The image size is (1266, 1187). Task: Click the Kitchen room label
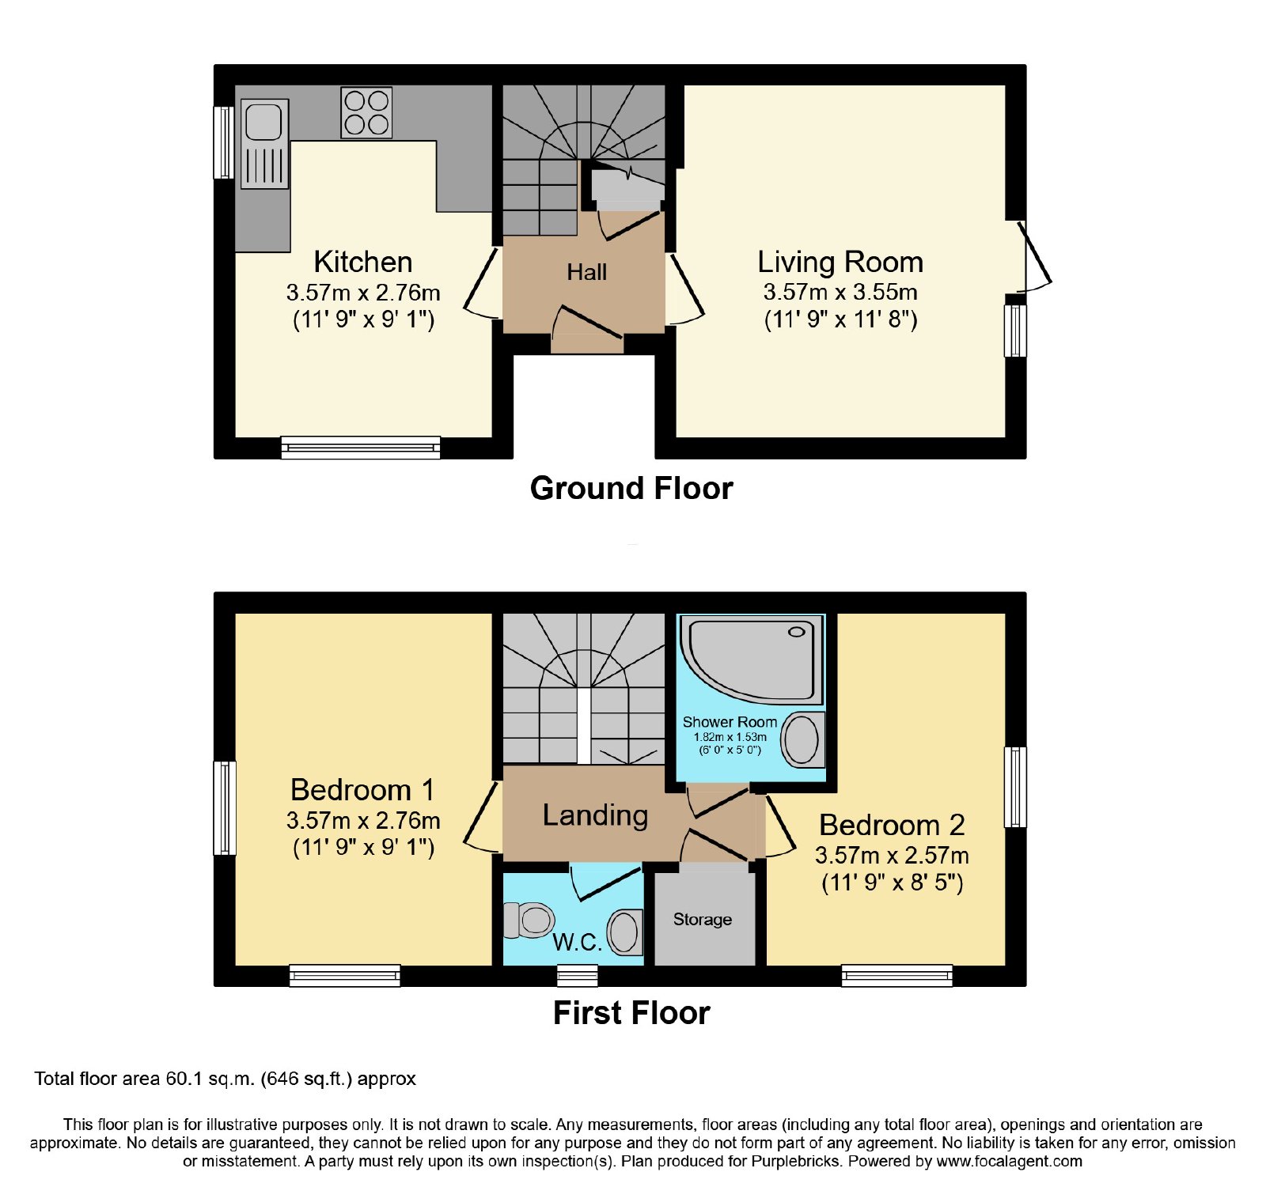[x=362, y=262]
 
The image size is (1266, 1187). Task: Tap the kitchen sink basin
[x=263, y=122]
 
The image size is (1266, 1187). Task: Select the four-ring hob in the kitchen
[x=366, y=112]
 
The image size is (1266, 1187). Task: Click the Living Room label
[x=840, y=262]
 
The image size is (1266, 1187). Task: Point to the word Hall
[x=586, y=272]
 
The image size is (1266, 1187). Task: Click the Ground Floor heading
[x=631, y=488]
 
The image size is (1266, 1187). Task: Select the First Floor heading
[x=631, y=1013]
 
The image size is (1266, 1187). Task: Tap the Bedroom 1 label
[x=362, y=790]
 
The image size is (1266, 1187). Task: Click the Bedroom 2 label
[x=892, y=825]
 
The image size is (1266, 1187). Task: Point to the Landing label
[x=595, y=815]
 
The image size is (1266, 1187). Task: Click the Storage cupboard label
[x=703, y=919]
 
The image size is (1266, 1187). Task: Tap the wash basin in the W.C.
[x=625, y=932]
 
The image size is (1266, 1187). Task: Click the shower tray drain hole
[x=796, y=632]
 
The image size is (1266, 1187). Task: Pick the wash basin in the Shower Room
[x=803, y=739]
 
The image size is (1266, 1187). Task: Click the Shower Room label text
[x=730, y=722]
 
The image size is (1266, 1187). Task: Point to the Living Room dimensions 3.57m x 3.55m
[x=840, y=292]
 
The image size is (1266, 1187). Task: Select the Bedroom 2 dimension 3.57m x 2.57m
[x=892, y=855]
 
